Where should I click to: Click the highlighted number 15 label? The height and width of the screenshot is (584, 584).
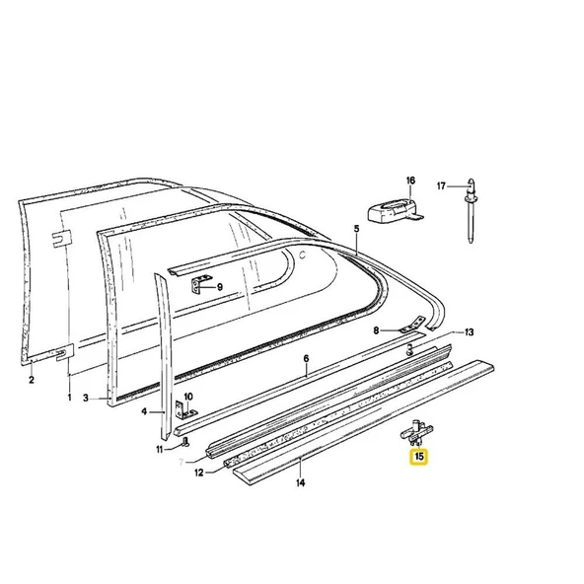pos(419,456)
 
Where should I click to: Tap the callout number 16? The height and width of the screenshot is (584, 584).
pos(410,181)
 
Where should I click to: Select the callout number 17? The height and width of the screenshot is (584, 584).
pos(441,185)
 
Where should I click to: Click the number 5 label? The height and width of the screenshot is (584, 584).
pos(356,228)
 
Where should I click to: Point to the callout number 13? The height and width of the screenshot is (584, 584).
pos(469,331)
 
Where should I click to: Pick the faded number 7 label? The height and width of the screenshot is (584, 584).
pos(182,463)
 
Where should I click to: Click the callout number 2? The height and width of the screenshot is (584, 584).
pos(32,380)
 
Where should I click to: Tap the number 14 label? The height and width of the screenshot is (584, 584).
pos(301,482)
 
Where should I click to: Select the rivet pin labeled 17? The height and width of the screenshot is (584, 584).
pos(471,211)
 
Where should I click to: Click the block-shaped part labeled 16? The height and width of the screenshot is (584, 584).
pos(395,211)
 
